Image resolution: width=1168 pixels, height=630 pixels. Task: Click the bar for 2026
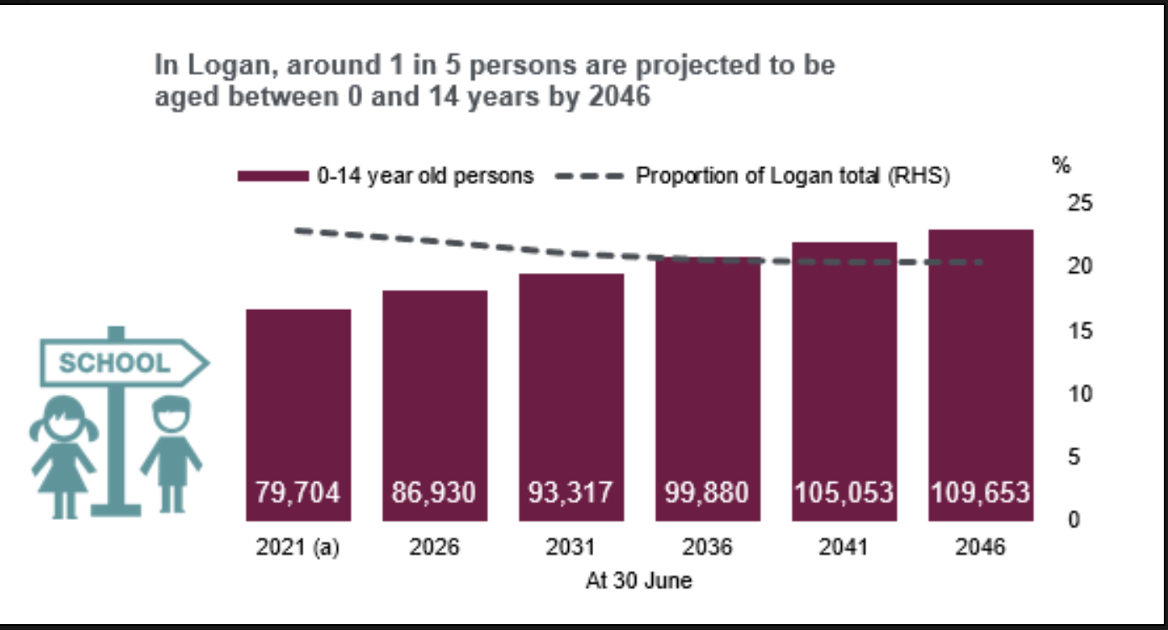[x=435, y=395]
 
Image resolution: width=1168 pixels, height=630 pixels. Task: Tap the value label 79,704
[x=298, y=492]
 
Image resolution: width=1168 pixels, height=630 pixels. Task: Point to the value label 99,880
[x=708, y=492]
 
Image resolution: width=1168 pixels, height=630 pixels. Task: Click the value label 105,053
[x=844, y=492]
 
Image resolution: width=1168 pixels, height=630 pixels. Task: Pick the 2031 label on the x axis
[x=571, y=547]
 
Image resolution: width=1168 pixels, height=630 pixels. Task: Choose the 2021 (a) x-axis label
[x=298, y=547]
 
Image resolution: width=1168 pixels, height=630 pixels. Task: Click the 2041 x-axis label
[x=844, y=547]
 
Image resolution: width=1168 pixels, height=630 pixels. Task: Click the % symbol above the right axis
[x=1061, y=165]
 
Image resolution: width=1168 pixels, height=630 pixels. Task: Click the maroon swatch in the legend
[x=273, y=176]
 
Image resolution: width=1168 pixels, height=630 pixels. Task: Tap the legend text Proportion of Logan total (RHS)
[x=792, y=176]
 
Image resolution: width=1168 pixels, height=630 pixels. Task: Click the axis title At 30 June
[x=639, y=580]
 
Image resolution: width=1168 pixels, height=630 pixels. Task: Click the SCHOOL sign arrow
[x=124, y=363]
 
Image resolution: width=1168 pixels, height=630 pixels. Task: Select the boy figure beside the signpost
[x=171, y=454]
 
